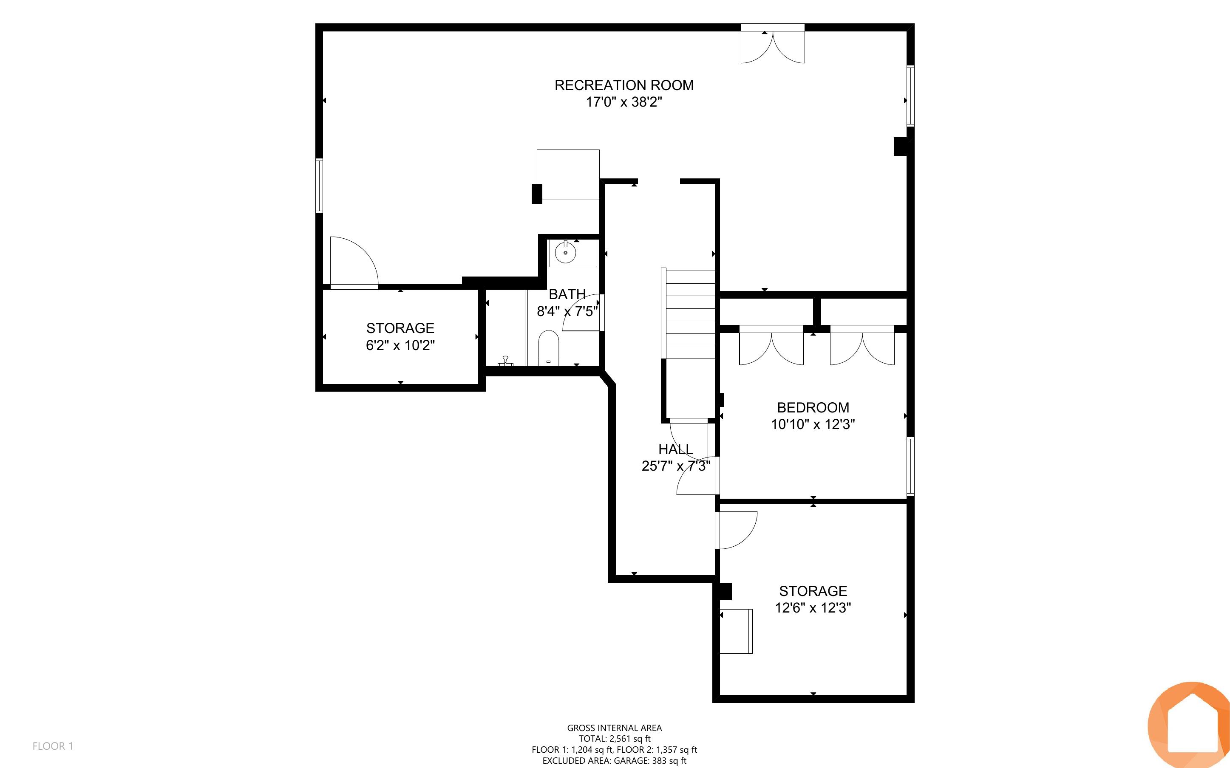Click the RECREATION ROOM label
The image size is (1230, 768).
624,85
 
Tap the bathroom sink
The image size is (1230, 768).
565,252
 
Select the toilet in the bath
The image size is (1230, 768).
548,348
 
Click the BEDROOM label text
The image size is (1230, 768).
813,407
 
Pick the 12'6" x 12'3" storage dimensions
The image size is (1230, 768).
813,607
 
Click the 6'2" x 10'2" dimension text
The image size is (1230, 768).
400,345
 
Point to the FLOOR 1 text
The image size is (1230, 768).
53,746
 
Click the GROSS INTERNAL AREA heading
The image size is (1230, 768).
614,728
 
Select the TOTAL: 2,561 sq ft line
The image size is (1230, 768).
614,739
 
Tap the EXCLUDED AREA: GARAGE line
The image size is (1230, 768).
614,760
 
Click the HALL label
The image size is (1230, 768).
676,449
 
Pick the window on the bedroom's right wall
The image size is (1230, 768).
910,466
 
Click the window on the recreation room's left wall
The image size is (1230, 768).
319,185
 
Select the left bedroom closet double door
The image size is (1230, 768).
771,348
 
